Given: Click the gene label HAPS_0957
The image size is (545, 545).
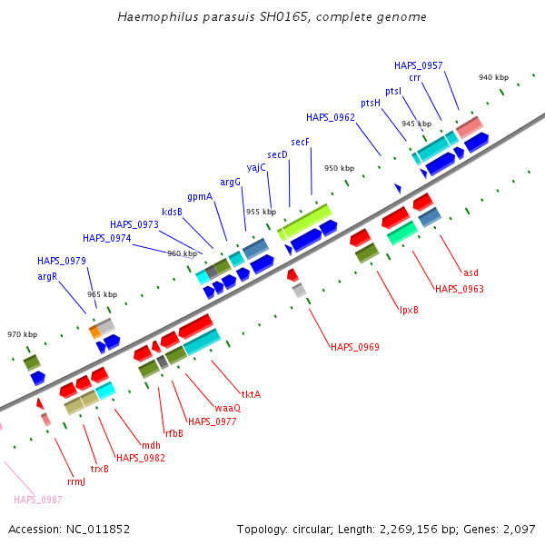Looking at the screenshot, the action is [x=418, y=65].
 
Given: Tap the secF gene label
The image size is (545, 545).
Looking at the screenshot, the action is [x=300, y=142].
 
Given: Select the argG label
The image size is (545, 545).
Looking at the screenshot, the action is [x=230, y=183].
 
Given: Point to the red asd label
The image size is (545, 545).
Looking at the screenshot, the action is [x=471, y=272].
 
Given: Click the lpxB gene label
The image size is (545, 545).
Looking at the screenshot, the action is [x=409, y=310].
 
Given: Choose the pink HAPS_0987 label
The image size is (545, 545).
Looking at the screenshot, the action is [x=38, y=500].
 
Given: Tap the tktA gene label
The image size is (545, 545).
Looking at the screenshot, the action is [x=251, y=394].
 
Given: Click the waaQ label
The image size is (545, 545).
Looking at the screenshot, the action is [x=228, y=408].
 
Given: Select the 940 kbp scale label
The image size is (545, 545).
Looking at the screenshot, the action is [x=493, y=77].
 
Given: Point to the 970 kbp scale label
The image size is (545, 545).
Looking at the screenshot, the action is [x=22, y=334].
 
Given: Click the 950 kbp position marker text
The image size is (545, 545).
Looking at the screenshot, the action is [x=339, y=168].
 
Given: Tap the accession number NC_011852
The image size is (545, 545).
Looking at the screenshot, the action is [x=98, y=530].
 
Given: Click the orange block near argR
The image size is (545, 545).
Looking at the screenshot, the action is [x=94, y=332].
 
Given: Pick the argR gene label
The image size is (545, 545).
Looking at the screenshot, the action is [x=47, y=277].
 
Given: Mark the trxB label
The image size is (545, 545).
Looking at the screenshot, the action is [x=100, y=469].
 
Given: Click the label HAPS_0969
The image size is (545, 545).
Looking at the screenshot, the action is [x=355, y=347].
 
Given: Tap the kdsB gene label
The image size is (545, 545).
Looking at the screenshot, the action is [x=172, y=212].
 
